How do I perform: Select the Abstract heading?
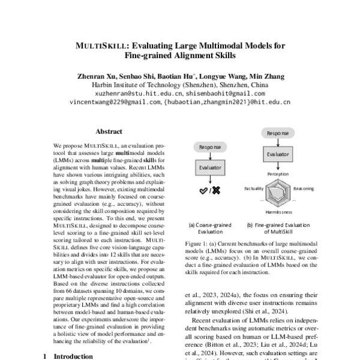pyautogui.click(x=109, y=131)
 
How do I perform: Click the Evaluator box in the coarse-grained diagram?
pyautogui.click(x=205, y=169)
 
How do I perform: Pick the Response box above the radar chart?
pyautogui.click(x=277, y=132)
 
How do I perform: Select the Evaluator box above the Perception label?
pyautogui.click(x=277, y=155)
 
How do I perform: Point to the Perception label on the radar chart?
pyautogui.click(x=278, y=173)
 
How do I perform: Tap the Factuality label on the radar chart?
pyautogui.click(x=254, y=188)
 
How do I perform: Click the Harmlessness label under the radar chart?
pyautogui.click(x=278, y=212)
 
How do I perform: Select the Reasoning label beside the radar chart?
pyautogui.click(x=304, y=188)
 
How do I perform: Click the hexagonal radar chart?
pyautogui.click(x=278, y=192)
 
